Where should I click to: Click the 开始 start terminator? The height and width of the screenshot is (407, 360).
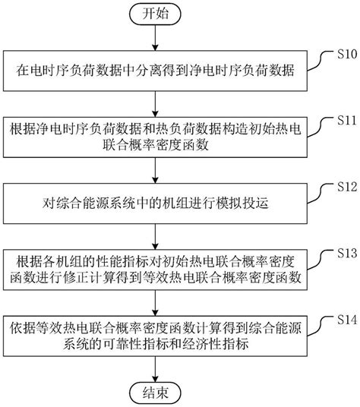(x=156, y=14)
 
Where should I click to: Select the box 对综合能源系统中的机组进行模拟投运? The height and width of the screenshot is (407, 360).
(x=156, y=203)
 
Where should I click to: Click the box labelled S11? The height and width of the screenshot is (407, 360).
(x=156, y=136)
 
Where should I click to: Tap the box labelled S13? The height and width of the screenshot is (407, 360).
(x=156, y=269)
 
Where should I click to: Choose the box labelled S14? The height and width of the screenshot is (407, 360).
(x=156, y=335)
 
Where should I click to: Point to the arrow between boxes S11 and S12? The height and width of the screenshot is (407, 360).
(x=156, y=169)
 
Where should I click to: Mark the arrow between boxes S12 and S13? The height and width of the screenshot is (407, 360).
(x=156, y=235)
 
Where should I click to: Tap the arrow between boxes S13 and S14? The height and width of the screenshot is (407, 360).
(x=156, y=301)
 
